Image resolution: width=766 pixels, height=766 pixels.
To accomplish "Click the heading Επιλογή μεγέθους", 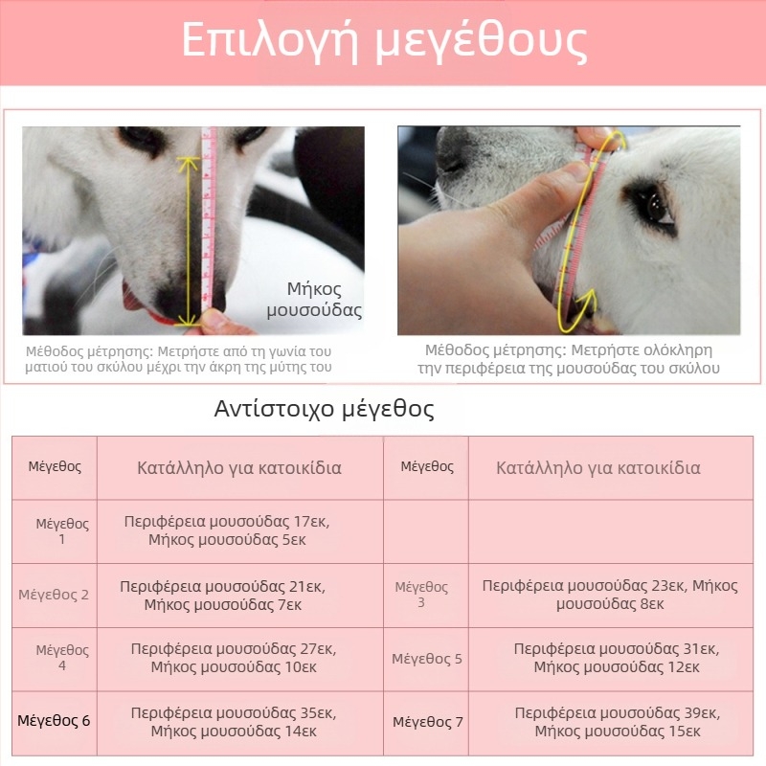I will click(383, 41).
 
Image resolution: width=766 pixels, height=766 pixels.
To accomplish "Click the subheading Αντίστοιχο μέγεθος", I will click(324, 410).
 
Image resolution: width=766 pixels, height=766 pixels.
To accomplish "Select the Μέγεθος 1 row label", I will click(62, 531).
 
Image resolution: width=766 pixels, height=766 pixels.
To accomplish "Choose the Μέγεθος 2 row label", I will click(54, 595).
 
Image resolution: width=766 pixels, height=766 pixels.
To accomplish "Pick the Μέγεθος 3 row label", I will click(421, 595).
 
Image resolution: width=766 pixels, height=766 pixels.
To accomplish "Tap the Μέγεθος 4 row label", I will click(62, 658).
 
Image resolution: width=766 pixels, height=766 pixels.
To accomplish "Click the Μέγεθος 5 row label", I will click(427, 659).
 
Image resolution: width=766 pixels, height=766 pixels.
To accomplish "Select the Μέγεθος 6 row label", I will click(54, 721).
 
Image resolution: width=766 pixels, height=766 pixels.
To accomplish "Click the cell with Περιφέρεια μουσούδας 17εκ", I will click(233, 530).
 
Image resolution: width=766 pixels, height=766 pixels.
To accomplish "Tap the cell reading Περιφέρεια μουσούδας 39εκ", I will click(617, 722).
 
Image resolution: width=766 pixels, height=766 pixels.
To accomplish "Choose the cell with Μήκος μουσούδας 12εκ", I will click(617, 659).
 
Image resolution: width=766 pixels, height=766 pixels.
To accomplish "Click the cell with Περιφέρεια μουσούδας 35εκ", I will click(234, 722).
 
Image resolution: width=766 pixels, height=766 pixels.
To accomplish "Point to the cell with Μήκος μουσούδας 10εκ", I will click(234, 659).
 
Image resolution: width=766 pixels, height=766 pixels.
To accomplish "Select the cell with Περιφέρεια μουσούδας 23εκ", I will click(610, 595).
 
